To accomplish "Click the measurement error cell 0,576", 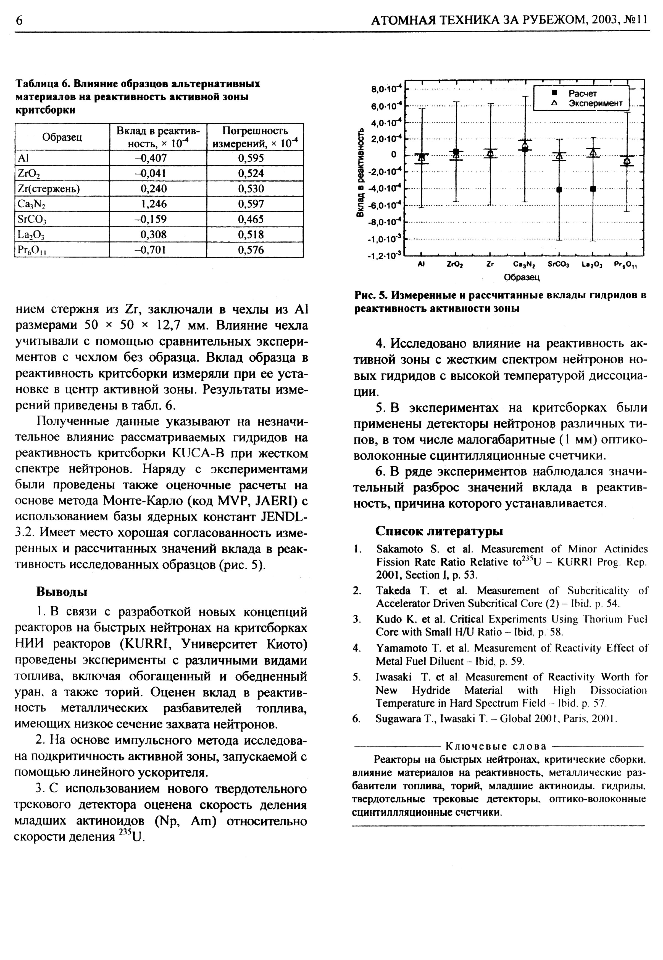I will click(251, 250).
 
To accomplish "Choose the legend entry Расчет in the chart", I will click(582, 93).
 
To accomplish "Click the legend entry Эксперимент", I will click(595, 103).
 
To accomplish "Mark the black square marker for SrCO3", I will click(559, 190).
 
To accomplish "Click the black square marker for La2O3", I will click(593, 189).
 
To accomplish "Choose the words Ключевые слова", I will click(496, 746).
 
